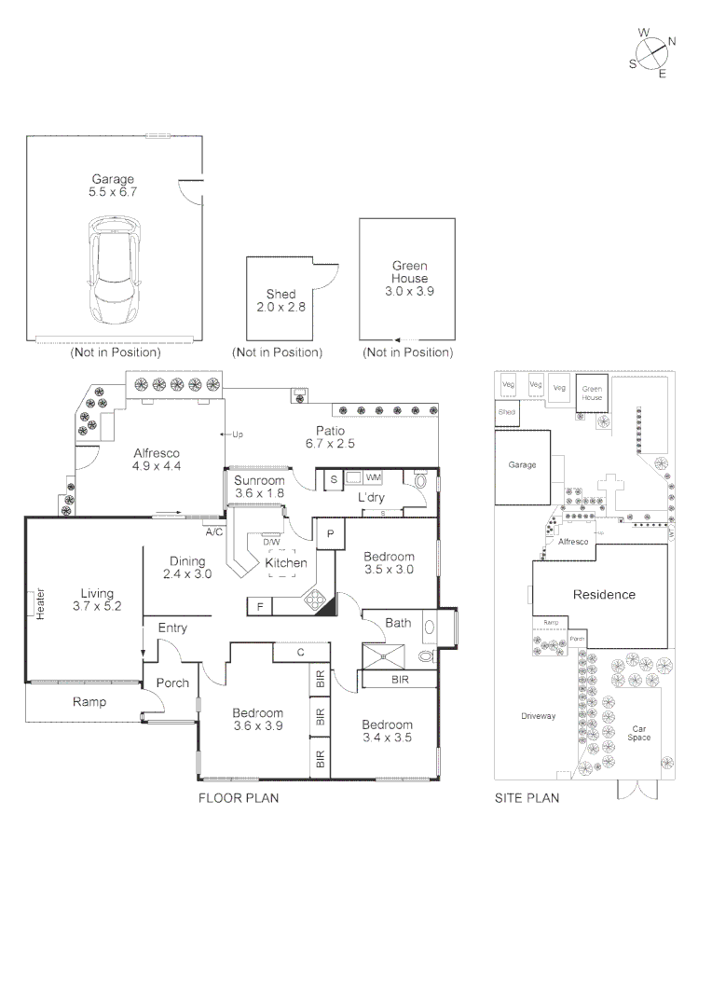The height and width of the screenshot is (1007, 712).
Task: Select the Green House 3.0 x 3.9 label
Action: coord(409,279)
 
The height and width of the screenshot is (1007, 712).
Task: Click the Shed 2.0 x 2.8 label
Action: coord(281,300)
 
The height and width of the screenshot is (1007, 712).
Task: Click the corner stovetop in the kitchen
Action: coord(319,601)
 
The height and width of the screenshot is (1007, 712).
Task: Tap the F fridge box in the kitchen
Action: coord(260,607)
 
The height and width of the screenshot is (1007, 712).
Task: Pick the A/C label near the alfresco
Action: coord(213,532)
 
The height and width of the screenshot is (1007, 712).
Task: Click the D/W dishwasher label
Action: coord(271,542)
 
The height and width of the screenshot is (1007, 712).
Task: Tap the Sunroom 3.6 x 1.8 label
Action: coord(259,486)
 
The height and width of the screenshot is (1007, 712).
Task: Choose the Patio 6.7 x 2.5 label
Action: coord(330,437)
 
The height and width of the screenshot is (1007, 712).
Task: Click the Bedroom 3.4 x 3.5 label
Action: coord(387,731)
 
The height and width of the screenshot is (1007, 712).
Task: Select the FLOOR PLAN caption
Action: coord(239,798)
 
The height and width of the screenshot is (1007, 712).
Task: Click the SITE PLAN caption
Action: coord(527,798)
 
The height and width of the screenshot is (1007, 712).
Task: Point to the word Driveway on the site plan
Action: coord(538,716)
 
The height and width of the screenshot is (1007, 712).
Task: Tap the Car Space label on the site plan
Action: coord(639,733)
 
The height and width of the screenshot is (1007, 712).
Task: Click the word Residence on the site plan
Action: coord(604,595)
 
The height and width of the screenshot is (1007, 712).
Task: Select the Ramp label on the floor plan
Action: coord(89,702)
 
